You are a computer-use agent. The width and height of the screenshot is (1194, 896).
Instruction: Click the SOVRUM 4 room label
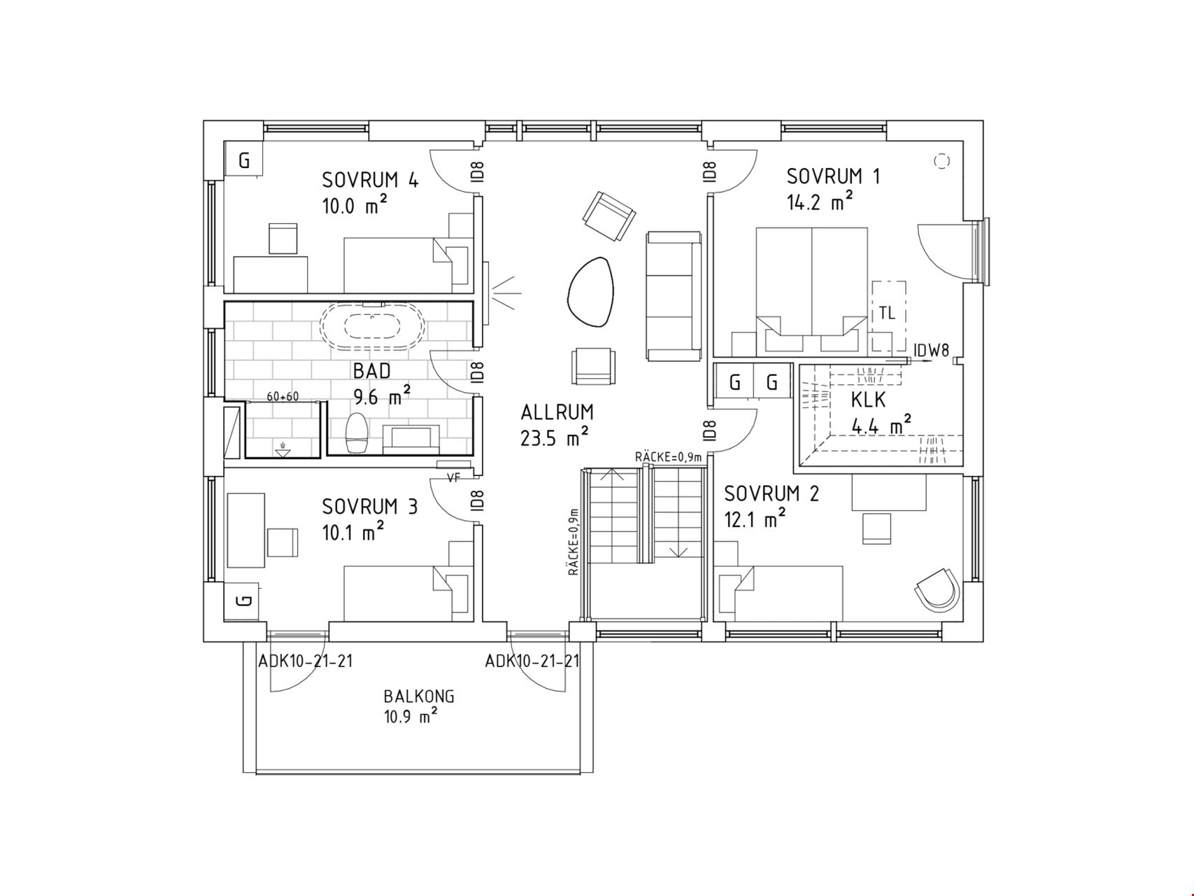[x=370, y=180]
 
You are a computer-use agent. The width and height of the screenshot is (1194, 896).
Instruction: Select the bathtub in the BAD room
[x=371, y=327]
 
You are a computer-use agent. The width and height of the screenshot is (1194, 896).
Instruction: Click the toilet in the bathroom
[x=357, y=434]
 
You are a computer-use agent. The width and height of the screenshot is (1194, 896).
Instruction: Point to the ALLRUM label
[x=557, y=412]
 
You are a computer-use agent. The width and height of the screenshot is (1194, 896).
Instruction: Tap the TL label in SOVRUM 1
[x=887, y=314]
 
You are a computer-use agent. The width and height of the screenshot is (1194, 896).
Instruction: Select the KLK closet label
[x=869, y=400]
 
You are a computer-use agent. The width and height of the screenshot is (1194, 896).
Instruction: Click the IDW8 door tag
[x=932, y=351]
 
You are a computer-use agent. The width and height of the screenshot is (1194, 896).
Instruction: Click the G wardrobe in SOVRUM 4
[x=243, y=160]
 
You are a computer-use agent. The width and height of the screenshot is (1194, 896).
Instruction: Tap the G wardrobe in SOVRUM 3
[x=243, y=601]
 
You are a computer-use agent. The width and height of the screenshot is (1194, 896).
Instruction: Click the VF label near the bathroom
[x=454, y=477]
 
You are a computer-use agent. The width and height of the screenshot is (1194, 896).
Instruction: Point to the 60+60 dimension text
[x=283, y=397]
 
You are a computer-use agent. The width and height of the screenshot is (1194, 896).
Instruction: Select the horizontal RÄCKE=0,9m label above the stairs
[x=668, y=457]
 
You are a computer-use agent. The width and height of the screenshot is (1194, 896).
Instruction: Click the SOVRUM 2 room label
[x=772, y=494]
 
